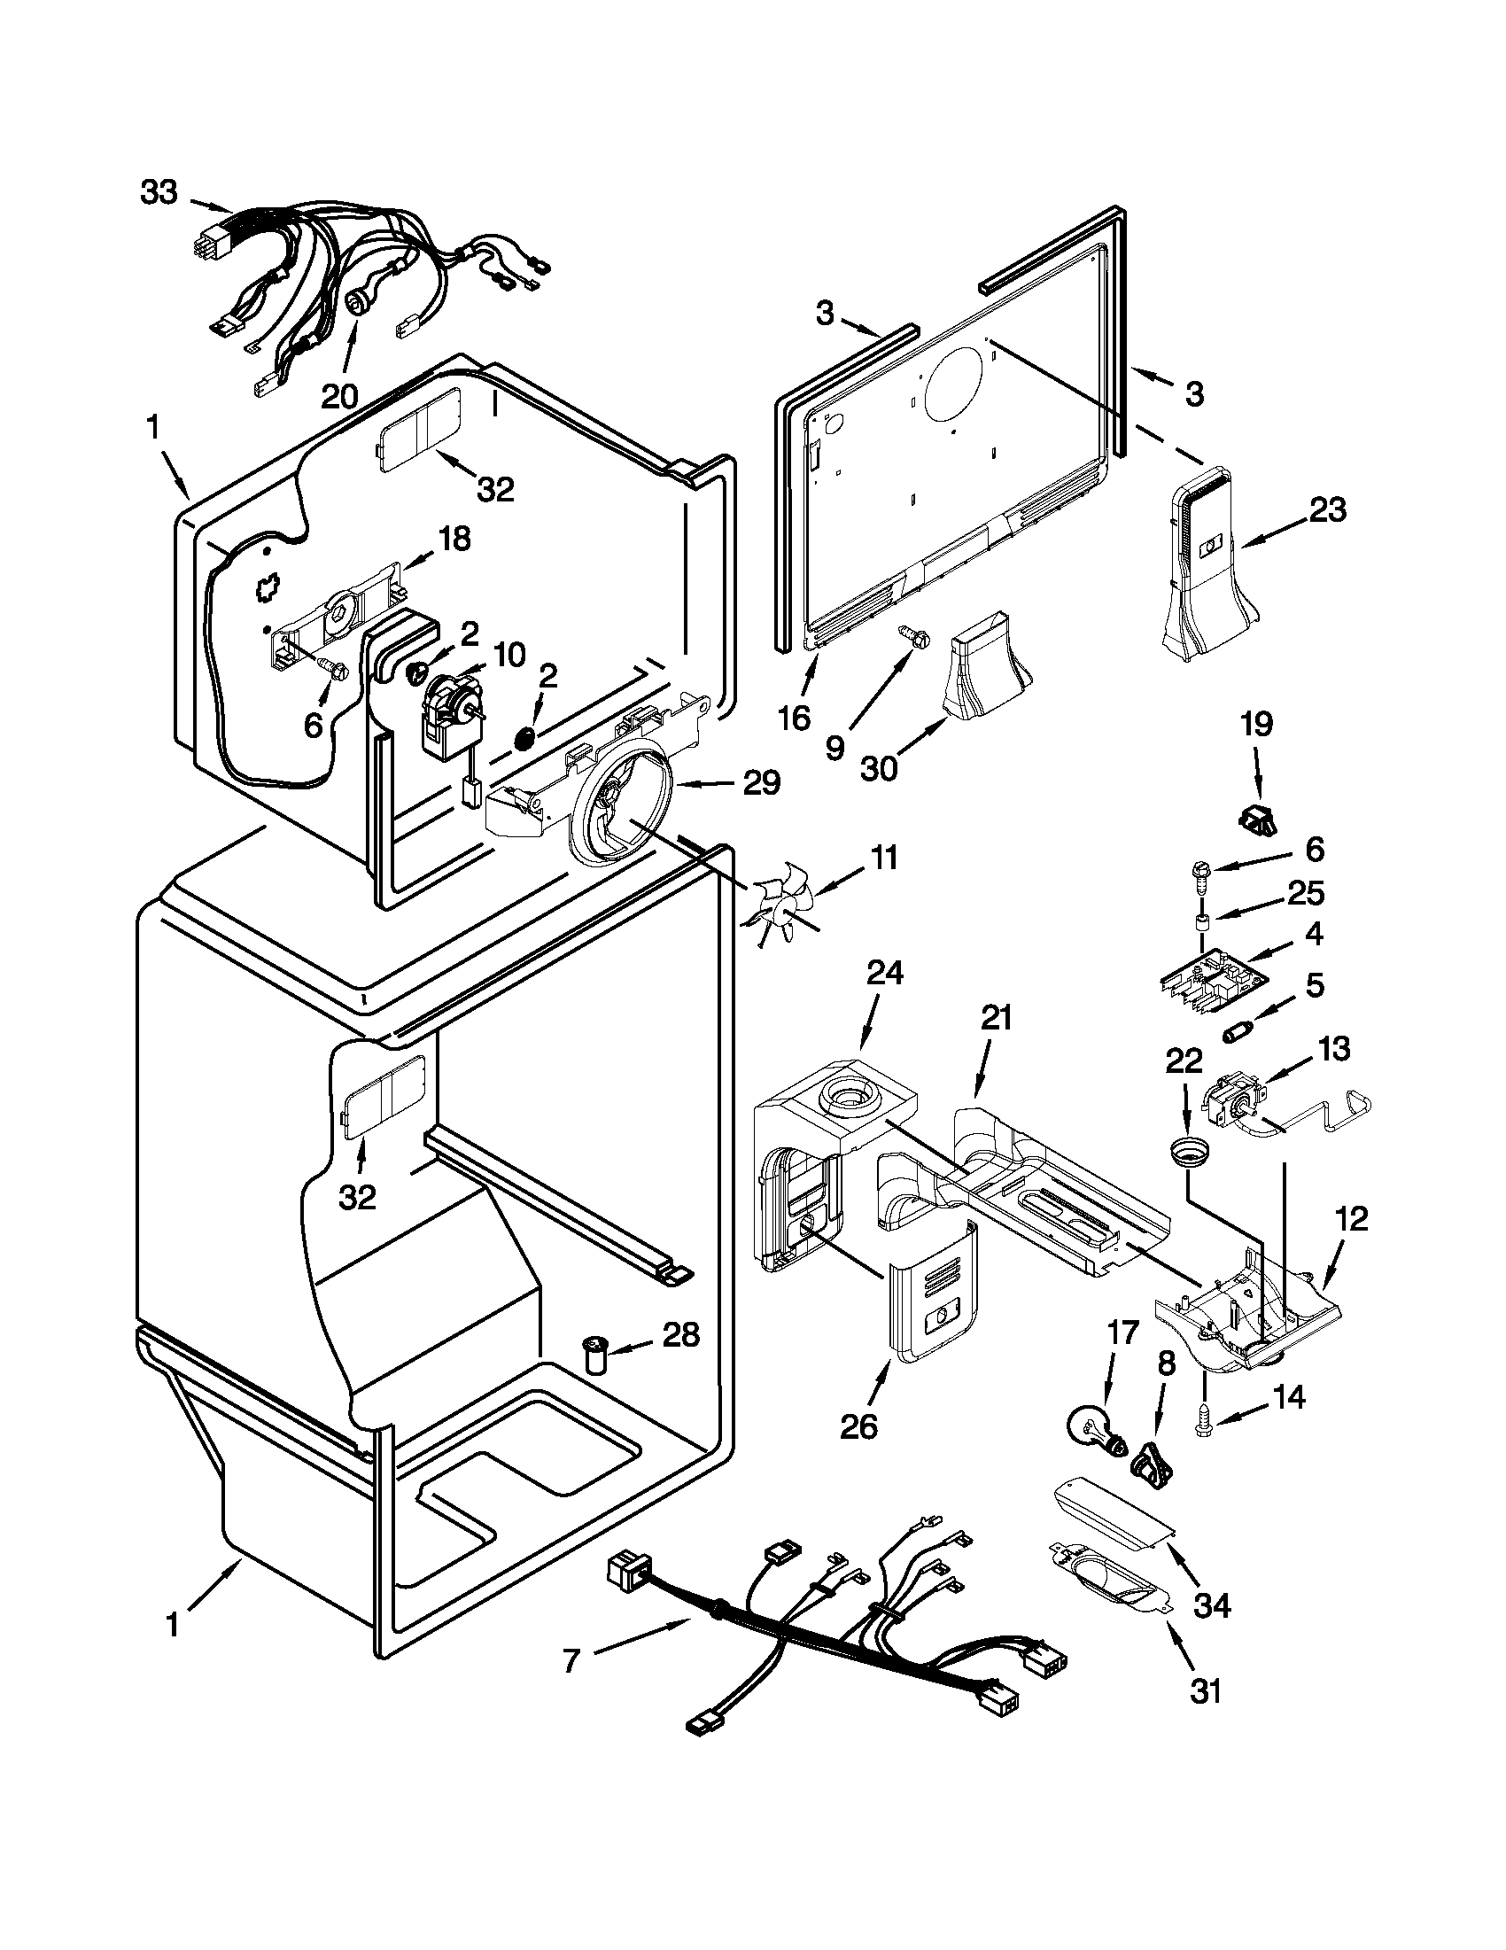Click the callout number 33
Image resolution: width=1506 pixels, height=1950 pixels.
click(159, 192)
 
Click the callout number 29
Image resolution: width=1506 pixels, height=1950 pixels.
click(761, 783)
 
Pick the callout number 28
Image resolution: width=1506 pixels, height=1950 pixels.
click(681, 1361)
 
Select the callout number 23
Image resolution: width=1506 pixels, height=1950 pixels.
click(1327, 510)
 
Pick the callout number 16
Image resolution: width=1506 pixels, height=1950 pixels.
click(794, 717)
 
